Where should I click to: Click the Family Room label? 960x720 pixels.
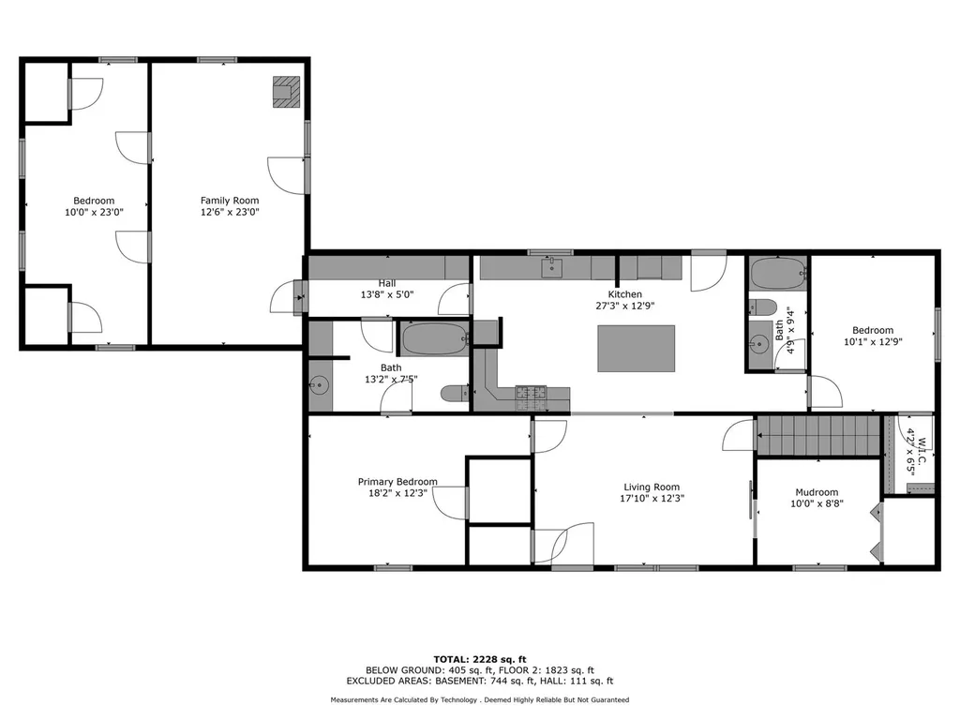point(230,201)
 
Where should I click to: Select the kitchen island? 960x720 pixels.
point(636,348)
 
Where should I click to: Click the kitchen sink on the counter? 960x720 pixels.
point(554,268)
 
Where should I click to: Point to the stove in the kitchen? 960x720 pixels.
point(531,394)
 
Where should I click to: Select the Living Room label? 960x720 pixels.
point(652,487)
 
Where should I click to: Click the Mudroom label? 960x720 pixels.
point(817,492)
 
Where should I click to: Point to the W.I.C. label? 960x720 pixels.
point(922,442)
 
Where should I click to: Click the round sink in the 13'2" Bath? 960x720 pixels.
point(321,384)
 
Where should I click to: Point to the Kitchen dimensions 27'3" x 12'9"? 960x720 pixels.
point(623,306)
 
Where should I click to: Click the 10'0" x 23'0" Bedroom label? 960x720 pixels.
point(94,212)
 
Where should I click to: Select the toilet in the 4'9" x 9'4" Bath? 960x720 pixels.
point(761,307)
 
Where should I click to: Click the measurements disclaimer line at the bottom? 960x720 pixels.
point(479,700)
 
